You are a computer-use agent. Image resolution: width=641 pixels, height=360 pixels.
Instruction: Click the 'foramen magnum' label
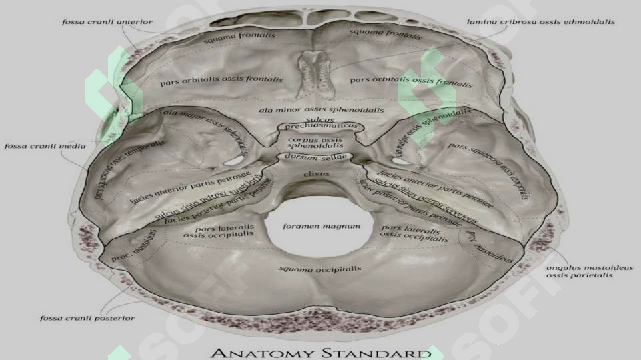pyautogui.click(x=322, y=226)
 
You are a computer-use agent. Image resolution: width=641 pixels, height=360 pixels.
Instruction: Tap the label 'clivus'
pyautogui.click(x=317, y=174)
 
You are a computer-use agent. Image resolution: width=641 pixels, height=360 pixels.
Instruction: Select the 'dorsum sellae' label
pyautogui.click(x=315, y=157)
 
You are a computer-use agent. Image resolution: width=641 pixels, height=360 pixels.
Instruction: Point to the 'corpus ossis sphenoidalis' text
pyautogui.click(x=315, y=143)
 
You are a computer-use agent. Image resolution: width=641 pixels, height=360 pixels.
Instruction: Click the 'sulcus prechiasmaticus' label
pyautogui.click(x=321, y=123)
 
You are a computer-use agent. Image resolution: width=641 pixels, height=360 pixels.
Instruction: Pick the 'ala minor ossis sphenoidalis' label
pyautogui.click(x=322, y=110)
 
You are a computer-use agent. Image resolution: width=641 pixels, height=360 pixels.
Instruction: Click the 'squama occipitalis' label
pyautogui.click(x=320, y=269)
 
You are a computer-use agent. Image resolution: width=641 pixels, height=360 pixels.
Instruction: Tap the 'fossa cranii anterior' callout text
pyautogui.click(x=107, y=22)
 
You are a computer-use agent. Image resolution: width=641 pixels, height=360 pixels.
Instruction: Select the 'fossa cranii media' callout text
pyautogui.click(x=45, y=146)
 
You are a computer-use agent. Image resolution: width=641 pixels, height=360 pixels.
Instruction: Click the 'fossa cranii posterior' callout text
pyautogui.click(x=87, y=318)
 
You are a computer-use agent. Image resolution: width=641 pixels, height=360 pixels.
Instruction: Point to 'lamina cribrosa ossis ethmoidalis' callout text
pyautogui.click(x=541, y=21)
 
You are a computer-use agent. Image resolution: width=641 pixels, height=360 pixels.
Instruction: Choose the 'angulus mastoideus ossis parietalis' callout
pyautogui.click(x=590, y=271)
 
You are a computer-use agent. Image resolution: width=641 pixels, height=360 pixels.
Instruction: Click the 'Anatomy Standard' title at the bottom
pyautogui.click(x=321, y=353)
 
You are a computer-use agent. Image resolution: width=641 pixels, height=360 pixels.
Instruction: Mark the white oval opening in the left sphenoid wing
pyautogui.click(x=233, y=161)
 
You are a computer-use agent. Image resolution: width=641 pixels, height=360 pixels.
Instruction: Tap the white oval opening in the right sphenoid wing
pyautogui.click(x=402, y=161)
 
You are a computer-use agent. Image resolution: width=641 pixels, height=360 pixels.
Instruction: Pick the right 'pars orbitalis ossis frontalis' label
pyautogui.click(x=411, y=81)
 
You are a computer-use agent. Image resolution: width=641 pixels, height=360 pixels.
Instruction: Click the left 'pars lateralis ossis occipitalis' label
pyautogui.click(x=219, y=231)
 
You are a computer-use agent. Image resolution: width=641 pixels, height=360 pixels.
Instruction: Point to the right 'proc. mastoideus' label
pyautogui.click(x=489, y=246)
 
